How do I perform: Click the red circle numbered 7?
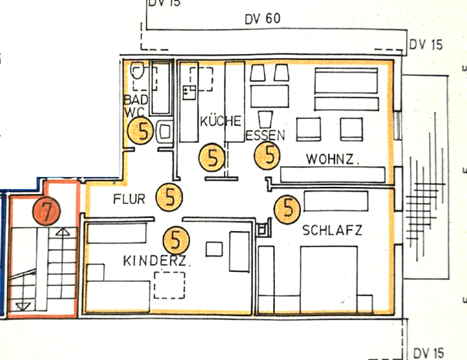click(46, 209)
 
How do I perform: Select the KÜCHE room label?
click(221, 121)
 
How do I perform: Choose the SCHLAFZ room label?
click(333, 230)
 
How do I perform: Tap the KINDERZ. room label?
click(157, 263)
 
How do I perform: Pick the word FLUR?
click(129, 199)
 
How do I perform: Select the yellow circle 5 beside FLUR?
click(168, 198)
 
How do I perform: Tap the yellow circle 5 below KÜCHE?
click(212, 158)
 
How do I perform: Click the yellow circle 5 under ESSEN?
click(269, 155)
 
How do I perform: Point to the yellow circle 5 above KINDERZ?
click(177, 239)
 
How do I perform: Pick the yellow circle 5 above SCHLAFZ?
click(288, 207)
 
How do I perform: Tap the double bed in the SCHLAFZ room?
click(328, 278)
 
